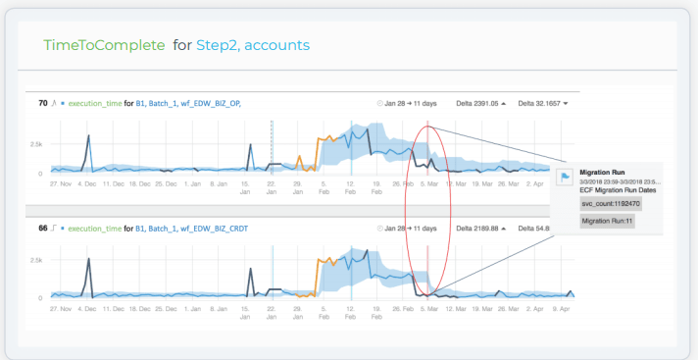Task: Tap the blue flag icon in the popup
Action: point(564,178)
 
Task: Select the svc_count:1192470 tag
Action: point(610,203)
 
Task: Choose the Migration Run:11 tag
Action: point(608,222)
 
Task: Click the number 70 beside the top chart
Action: point(43,102)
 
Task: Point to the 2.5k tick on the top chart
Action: point(35,143)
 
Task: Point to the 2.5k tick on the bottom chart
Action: point(35,260)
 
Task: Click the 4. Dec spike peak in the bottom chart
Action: point(90,260)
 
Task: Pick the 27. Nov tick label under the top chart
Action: point(60,182)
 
